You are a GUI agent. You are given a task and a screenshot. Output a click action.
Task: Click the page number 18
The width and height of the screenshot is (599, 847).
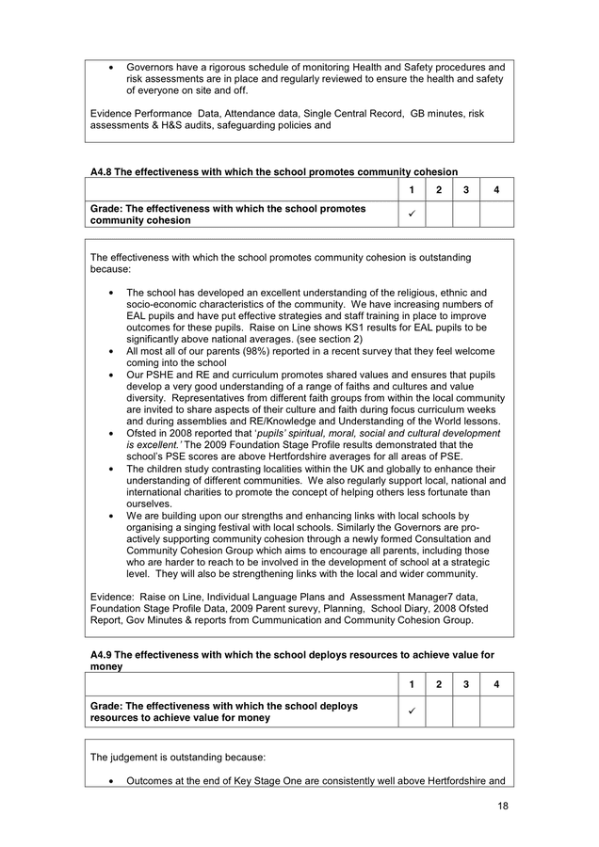click(x=503, y=807)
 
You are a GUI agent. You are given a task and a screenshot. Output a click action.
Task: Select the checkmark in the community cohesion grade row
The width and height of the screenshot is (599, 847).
click(x=412, y=214)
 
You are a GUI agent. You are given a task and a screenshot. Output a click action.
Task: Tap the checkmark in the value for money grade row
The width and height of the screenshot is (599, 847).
click(x=412, y=711)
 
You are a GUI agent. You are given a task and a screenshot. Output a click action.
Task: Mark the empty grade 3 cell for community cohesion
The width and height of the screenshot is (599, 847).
click(x=466, y=214)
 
